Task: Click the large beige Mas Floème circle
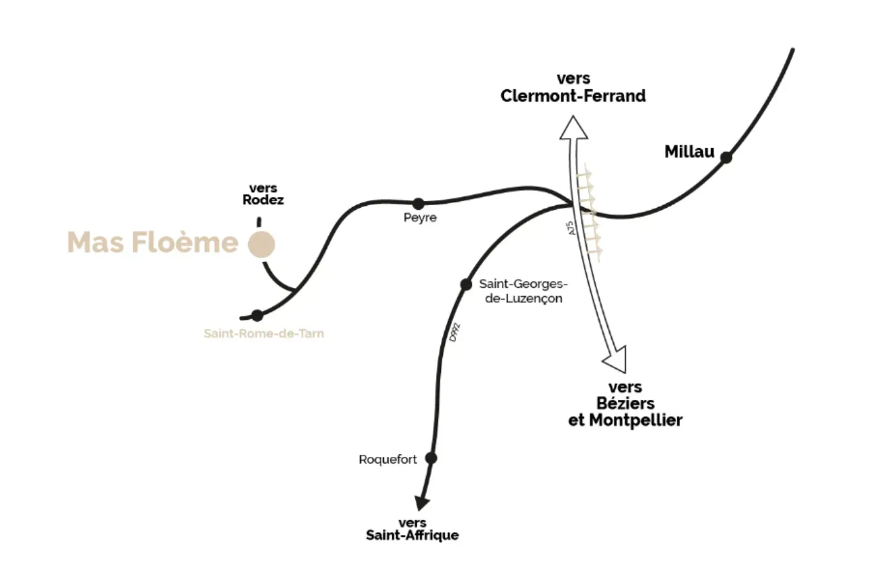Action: click(x=262, y=245)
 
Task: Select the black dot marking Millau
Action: click(x=726, y=157)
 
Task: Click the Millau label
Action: click(x=689, y=152)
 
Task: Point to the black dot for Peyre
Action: click(x=418, y=204)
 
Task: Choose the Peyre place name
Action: click(x=420, y=218)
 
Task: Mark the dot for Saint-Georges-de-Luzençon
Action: click(x=465, y=284)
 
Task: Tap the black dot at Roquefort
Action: click(x=431, y=458)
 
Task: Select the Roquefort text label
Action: click(x=388, y=460)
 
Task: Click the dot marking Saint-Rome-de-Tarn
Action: click(x=257, y=316)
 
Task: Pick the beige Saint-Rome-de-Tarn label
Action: click(x=264, y=334)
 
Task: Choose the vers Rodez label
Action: click(x=263, y=194)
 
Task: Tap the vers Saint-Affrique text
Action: click(x=413, y=529)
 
